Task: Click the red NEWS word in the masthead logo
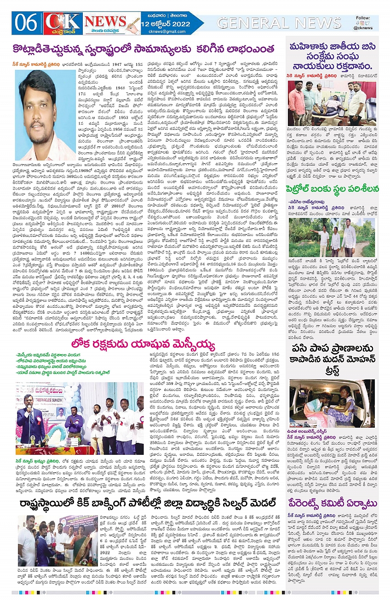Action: (105, 21)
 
